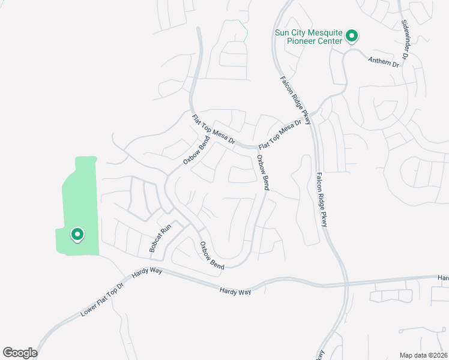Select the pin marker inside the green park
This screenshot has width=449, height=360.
[77, 235]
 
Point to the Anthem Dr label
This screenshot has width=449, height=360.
[384, 61]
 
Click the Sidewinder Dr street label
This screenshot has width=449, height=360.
[405, 39]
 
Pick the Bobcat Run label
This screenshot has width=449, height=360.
[160, 238]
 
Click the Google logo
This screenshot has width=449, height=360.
[20, 353]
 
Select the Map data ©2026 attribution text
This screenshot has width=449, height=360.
[423, 355]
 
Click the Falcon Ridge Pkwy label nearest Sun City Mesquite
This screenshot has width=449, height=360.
[295, 100]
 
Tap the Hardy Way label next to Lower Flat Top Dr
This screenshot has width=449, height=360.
[148, 272]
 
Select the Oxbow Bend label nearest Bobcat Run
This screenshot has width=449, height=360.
[211, 255]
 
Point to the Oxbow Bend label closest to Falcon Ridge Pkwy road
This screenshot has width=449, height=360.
[262, 173]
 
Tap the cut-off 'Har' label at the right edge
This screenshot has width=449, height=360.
[443, 278]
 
